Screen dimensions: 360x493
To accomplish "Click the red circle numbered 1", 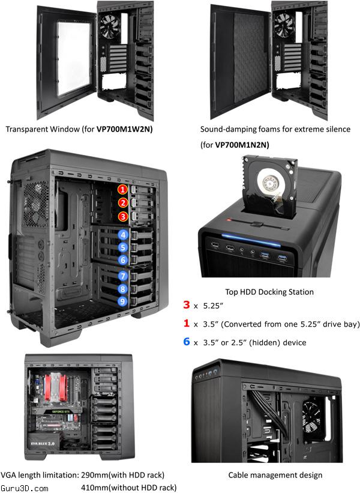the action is [x=122, y=189].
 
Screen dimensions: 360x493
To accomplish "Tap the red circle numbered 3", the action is [x=123, y=216].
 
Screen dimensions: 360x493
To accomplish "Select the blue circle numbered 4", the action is [x=123, y=235].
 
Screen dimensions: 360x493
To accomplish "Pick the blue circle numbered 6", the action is [x=123, y=260].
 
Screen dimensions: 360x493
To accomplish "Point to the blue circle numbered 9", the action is [x=122, y=301].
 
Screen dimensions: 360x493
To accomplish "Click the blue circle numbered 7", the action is [x=123, y=276].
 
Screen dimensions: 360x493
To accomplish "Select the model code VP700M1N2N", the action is [x=241, y=145].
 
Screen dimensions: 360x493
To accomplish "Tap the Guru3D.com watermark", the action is [x=25, y=488].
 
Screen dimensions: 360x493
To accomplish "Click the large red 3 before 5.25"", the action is [x=187, y=304].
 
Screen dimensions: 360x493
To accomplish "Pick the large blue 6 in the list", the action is [x=187, y=342].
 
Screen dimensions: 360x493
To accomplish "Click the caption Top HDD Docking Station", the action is [x=269, y=292].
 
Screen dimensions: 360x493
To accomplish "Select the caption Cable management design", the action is [x=275, y=475].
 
